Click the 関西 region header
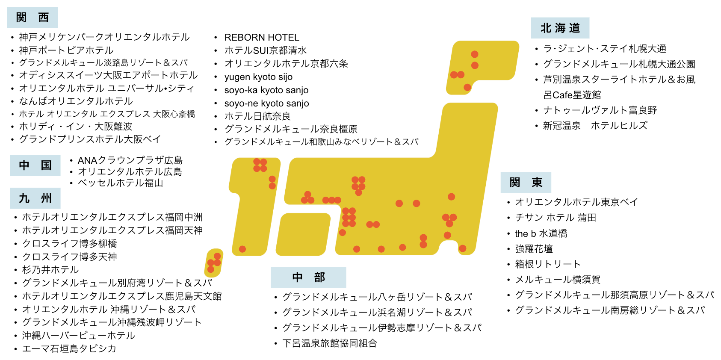pyautogui.click(x=33, y=18)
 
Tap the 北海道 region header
pyautogui.click(x=560, y=28)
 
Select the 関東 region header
pyautogui.click(x=526, y=183)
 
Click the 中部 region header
pyautogui.click(x=308, y=277)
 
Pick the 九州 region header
pyautogui.click(x=35, y=198)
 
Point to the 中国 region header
pyautogui.click(x=35, y=165)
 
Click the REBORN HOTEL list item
pyautogui.click(x=262, y=38)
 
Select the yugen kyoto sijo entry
pyautogui.click(x=258, y=77)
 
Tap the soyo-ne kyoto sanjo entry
pyautogui.click(x=266, y=103)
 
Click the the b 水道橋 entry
pyautogui.click(x=541, y=233)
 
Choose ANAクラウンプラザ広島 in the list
pyautogui.click(x=130, y=160)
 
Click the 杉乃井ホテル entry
pyautogui.click(x=50, y=270)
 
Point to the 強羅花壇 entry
pyautogui.click(x=534, y=249)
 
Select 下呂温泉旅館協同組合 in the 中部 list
pyautogui.click(x=330, y=343)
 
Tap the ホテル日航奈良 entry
pyautogui.click(x=257, y=116)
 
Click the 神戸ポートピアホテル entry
pyautogui.click(x=66, y=50)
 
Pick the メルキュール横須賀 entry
pyautogui.click(x=558, y=280)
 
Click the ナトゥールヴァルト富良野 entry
pyautogui.click(x=600, y=110)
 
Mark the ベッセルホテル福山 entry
pyautogui.click(x=120, y=183)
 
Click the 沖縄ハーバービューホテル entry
pyautogui.click(x=79, y=336)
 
